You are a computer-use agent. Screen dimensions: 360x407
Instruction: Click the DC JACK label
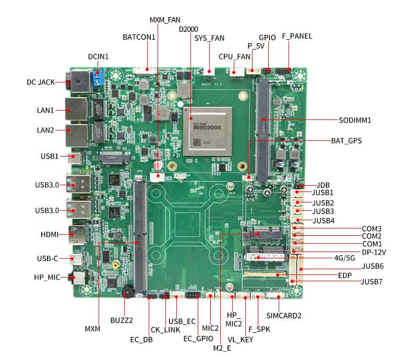click(41, 82)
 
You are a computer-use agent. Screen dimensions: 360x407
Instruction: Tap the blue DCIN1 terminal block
click(97, 79)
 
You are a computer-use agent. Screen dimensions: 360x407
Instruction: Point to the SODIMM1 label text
click(355, 120)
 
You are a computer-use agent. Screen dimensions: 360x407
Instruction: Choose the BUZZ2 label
click(122, 320)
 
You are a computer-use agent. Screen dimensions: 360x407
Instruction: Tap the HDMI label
click(50, 235)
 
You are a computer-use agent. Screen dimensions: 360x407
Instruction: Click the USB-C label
click(48, 258)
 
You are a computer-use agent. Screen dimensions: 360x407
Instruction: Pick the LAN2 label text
click(45, 130)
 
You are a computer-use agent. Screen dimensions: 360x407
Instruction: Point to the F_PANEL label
click(297, 36)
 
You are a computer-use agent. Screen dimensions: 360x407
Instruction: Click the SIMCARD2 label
click(284, 315)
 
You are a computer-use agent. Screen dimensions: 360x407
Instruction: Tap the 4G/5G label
click(344, 257)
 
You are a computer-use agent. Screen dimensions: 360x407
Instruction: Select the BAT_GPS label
click(346, 141)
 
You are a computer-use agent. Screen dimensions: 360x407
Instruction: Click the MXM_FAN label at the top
click(165, 20)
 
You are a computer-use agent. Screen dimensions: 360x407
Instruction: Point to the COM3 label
click(372, 229)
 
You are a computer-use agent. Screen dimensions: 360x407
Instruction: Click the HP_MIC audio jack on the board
click(78, 278)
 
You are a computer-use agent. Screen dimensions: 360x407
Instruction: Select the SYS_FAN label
click(209, 38)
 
